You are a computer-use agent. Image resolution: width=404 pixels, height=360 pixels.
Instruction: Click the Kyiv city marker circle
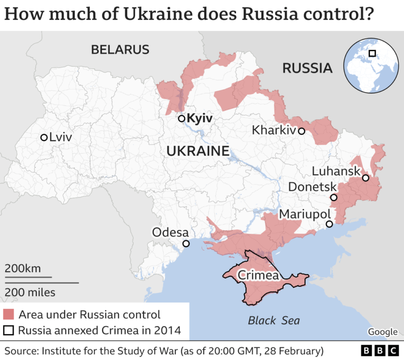coord(181,118)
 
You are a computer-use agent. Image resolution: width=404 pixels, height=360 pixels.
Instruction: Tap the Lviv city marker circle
coord(44,137)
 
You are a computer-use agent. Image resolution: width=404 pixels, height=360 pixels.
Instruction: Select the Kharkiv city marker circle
coord(301,131)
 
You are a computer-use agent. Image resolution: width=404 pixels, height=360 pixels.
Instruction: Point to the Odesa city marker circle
coord(186,243)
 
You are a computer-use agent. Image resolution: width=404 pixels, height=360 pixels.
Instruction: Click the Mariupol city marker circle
coord(329,224)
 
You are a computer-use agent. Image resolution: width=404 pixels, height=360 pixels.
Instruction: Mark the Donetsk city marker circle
coord(334,198)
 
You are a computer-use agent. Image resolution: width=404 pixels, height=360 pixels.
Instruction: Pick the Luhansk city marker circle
coord(366,178)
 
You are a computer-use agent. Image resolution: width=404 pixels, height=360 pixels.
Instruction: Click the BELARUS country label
coord(120,50)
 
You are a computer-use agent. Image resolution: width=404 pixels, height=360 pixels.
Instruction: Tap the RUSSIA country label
coord(307,68)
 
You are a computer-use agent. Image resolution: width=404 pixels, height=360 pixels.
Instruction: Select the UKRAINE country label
coord(198,152)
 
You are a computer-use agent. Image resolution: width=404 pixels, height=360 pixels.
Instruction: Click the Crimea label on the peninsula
coord(258,275)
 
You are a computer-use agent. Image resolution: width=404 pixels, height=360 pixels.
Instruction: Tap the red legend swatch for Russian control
coord(9,315)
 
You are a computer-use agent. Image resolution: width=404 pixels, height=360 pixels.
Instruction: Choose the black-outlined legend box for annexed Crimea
coord(9,331)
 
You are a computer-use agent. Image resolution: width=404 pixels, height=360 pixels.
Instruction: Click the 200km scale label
coord(23,268)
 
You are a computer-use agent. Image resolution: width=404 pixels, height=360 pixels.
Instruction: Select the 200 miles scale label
coord(29,292)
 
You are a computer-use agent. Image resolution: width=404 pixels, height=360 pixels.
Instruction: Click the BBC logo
coord(379,351)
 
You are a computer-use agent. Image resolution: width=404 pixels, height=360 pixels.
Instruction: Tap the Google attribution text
coord(382,332)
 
